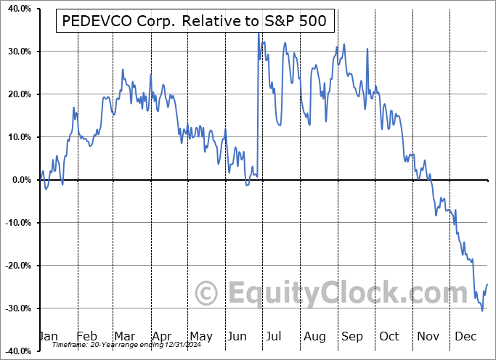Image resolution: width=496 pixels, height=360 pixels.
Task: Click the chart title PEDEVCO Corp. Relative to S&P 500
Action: pos(195,22)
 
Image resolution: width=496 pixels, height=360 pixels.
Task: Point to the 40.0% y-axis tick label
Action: pos(17,9)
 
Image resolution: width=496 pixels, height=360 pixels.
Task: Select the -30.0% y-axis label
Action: pos(16,308)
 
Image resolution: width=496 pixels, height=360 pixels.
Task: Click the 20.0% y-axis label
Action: pos(17,94)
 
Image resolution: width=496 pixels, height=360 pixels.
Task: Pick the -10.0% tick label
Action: pos(16,223)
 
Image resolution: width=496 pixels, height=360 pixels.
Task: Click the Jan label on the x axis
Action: pos(47,337)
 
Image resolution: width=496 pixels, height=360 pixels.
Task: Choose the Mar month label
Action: pos(124,337)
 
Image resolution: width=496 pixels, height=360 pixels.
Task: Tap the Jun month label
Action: pos(237,337)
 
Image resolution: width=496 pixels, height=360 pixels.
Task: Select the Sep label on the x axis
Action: pos(352,337)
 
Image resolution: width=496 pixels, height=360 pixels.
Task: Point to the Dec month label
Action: pos(466,337)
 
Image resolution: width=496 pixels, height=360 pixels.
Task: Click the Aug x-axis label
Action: pos(314,337)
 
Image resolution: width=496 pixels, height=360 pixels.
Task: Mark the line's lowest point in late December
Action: pos(482,311)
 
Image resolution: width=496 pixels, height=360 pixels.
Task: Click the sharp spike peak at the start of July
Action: pos(258,33)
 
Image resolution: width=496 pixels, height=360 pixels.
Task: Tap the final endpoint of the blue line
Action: pos(487,284)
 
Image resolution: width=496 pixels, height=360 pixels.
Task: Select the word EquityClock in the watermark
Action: pos(335,294)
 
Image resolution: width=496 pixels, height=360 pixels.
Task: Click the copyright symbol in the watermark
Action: pos(208,294)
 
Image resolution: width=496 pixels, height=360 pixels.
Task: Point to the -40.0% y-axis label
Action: pos(16,351)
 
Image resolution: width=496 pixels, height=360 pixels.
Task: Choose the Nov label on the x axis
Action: pos(428,337)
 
